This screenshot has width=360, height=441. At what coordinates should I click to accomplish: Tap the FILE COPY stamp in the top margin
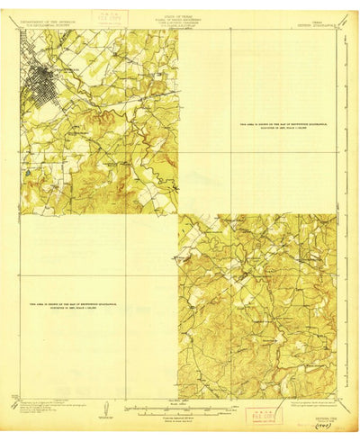click(x=135, y=20)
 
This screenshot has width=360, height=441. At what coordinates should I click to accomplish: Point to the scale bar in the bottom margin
click(x=179, y=404)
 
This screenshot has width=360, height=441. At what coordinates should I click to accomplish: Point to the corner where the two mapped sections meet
click(x=178, y=214)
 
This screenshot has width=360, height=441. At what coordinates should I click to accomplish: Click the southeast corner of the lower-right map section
click(x=337, y=397)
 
